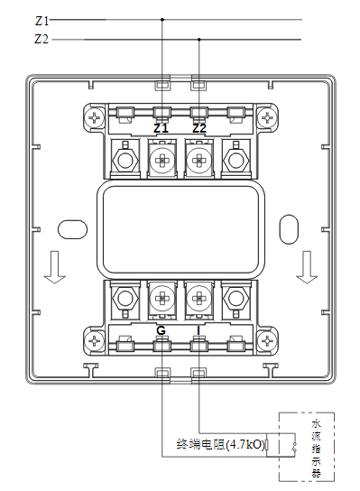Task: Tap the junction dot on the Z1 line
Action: [162, 19]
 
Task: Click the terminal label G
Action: [161, 330]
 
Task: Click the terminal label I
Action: [199, 330]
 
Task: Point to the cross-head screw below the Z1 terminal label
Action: [162, 159]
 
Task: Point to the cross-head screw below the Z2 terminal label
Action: [199, 159]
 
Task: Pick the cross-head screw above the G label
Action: [162, 296]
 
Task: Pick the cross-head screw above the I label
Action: [199, 296]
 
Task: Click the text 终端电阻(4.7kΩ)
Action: [222, 445]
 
